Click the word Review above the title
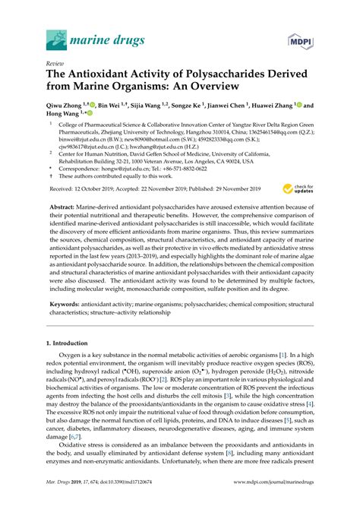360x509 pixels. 55,65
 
